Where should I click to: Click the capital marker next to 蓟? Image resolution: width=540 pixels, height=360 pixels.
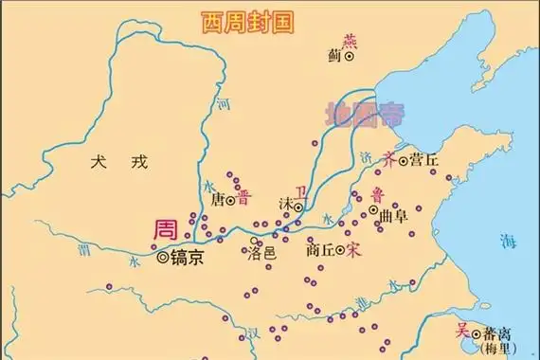pyautogui.click(x=350, y=57)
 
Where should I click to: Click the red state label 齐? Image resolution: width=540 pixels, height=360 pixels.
pyautogui.click(x=387, y=157)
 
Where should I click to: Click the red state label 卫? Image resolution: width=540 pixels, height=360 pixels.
pyautogui.click(x=302, y=191)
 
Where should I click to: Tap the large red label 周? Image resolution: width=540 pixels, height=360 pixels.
pyautogui.click(x=168, y=230)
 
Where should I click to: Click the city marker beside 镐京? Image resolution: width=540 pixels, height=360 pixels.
pyautogui.click(x=163, y=257)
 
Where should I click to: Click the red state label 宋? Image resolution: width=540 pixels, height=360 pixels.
pyautogui.click(x=354, y=251)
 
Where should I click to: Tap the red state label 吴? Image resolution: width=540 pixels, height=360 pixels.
pyautogui.click(x=462, y=331)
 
